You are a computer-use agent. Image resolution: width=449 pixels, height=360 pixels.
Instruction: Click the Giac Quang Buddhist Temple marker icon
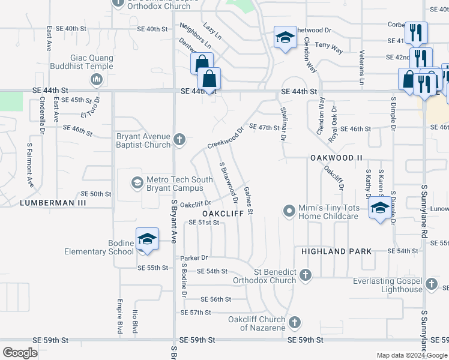coord(96,80)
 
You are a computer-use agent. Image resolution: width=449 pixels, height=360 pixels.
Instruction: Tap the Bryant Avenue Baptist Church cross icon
coord(179,140)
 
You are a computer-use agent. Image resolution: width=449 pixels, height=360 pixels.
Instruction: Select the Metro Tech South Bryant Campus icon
coord(137,182)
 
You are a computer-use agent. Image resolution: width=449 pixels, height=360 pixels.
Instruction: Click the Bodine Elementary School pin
coord(147,239)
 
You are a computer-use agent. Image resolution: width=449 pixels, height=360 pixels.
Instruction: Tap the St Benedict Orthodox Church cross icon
coord(306,275)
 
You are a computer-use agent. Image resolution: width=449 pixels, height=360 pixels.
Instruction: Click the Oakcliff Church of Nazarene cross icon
coord(294,323)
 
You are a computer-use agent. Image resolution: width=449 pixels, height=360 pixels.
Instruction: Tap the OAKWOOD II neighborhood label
coord(337,158)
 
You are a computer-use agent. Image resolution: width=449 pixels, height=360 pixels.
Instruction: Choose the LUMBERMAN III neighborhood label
coord(53,203)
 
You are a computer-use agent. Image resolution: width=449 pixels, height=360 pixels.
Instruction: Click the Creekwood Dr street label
coord(226,137)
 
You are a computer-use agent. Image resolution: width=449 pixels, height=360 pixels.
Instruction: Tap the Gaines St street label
coord(248,200)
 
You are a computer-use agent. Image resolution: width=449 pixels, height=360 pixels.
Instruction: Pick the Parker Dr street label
coord(194,258)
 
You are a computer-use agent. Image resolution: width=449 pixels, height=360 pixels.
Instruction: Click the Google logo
coord(20,352)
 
